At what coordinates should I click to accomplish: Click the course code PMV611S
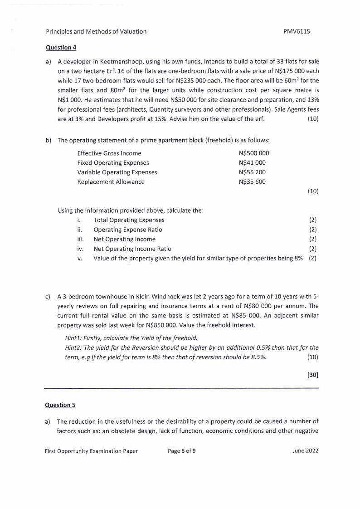coord(301,31)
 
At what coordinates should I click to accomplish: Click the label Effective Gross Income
coord(109,153)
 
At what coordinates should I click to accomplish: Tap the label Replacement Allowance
coord(111,182)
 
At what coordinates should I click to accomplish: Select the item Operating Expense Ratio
coord(127,230)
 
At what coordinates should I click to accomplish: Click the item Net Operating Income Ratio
coord(132,249)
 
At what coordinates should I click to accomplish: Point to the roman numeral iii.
coord(80,239)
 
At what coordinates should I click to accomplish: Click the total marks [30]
coord(313,376)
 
